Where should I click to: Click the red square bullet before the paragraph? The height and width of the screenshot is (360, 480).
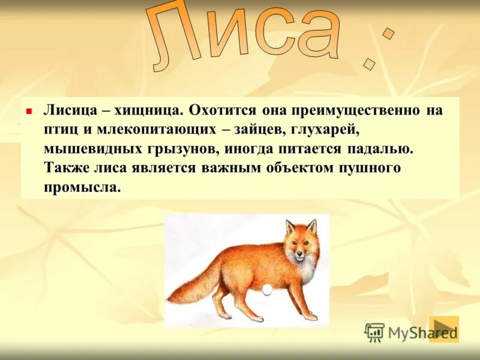point(28,112)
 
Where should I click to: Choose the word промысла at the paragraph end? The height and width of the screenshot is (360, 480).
point(82,187)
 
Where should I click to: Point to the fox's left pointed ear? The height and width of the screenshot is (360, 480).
point(290,227)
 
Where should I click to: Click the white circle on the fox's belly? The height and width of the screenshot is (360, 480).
point(266,290)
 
